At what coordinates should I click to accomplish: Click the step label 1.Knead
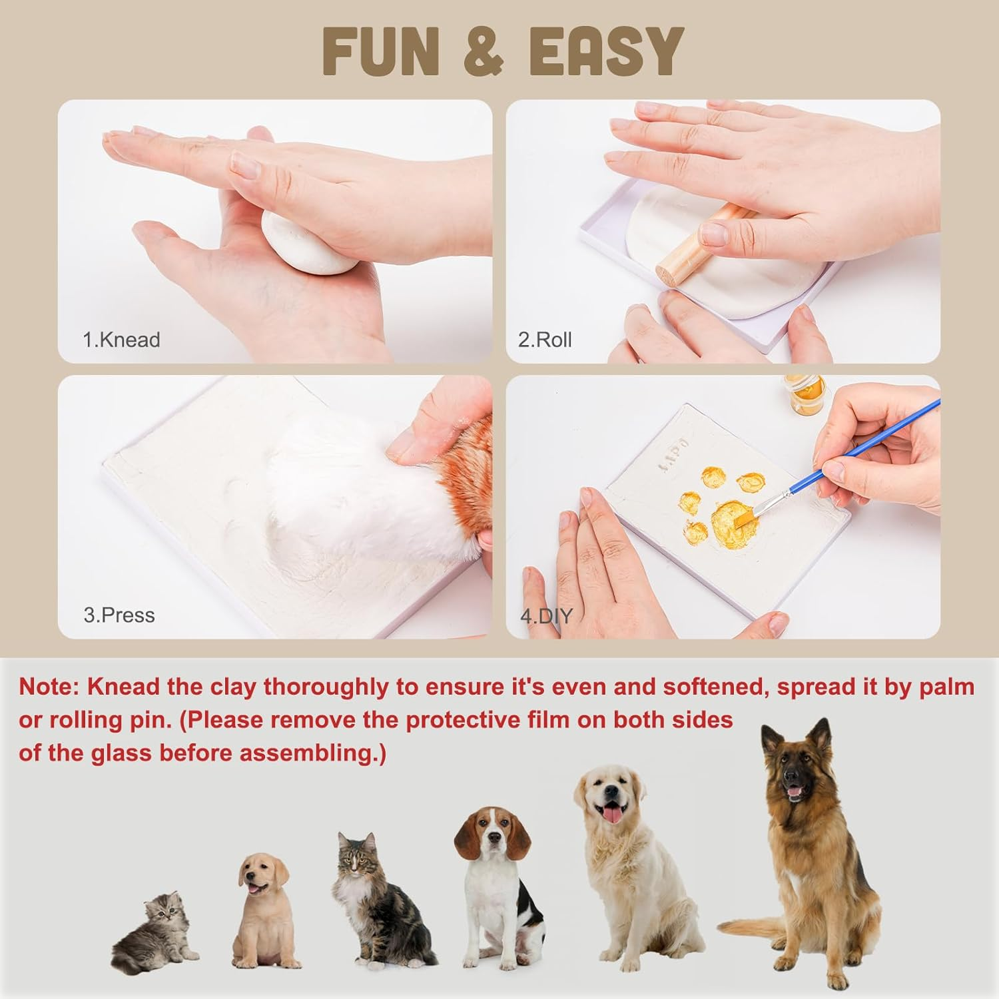(x=121, y=340)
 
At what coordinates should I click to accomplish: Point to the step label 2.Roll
(x=545, y=340)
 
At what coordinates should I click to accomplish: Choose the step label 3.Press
(x=119, y=615)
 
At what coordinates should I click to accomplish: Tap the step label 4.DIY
(x=546, y=616)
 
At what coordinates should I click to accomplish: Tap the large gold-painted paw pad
(x=733, y=520)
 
